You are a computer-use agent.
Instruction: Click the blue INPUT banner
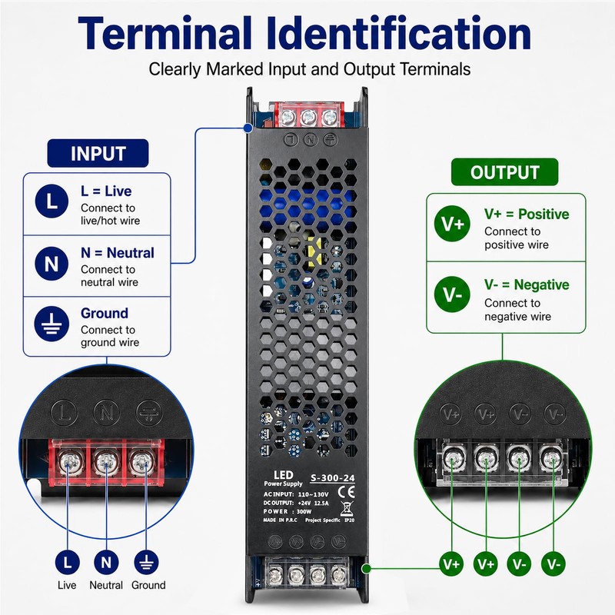(98, 153)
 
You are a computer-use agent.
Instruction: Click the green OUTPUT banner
(504, 172)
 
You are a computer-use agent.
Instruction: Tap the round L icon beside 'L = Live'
(52, 201)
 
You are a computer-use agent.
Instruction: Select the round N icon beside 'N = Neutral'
(52, 263)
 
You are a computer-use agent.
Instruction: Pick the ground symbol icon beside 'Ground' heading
(52, 324)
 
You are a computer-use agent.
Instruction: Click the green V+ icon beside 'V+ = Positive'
(452, 224)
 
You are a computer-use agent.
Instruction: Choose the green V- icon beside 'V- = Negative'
(452, 294)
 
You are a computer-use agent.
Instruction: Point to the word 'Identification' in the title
(404, 33)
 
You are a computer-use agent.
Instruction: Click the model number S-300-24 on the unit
(332, 477)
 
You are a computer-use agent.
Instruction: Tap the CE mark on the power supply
(346, 492)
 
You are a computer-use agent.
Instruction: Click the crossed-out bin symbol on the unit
(347, 509)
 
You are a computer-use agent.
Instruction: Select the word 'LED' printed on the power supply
(283, 475)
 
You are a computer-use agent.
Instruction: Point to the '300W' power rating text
(304, 511)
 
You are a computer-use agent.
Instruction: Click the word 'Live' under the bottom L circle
(67, 585)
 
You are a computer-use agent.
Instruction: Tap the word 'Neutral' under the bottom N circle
(106, 585)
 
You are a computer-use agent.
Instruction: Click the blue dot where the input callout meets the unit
(248, 128)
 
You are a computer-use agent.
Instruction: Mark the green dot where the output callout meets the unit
(367, 568)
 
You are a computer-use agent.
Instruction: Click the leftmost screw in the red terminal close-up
(68, 462)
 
